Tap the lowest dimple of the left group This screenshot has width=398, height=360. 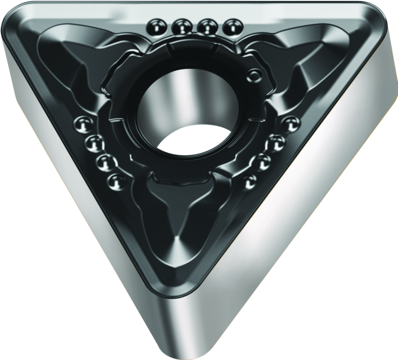click(116, 181)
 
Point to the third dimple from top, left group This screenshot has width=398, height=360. click(105, 163)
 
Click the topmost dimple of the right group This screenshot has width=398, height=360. click(291, 124)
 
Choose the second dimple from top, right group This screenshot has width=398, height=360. click(277, 143)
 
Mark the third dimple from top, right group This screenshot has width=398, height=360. click(263, 161)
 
